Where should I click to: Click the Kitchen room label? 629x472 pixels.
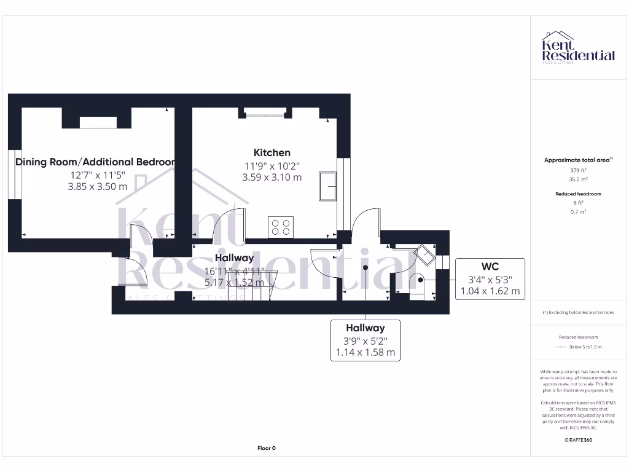pos(272,152)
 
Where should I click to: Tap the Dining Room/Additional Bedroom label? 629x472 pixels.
pos(95,162)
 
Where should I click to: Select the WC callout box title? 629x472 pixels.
pos(490,267)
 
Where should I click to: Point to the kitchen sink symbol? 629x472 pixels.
pos(327,186)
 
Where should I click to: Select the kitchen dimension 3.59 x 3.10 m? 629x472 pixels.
pos(272,178)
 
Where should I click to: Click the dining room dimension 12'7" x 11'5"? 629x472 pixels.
pos(98,175)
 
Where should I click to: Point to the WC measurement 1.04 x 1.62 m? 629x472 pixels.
pos(490,291)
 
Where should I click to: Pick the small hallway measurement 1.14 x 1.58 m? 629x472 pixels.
pos(365,353)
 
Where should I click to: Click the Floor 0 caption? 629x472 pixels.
pos(267,448)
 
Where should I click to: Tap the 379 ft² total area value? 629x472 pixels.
pos(577,170)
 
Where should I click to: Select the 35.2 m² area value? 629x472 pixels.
pos(577,179)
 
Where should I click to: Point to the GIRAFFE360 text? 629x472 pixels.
pos(577,440)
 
